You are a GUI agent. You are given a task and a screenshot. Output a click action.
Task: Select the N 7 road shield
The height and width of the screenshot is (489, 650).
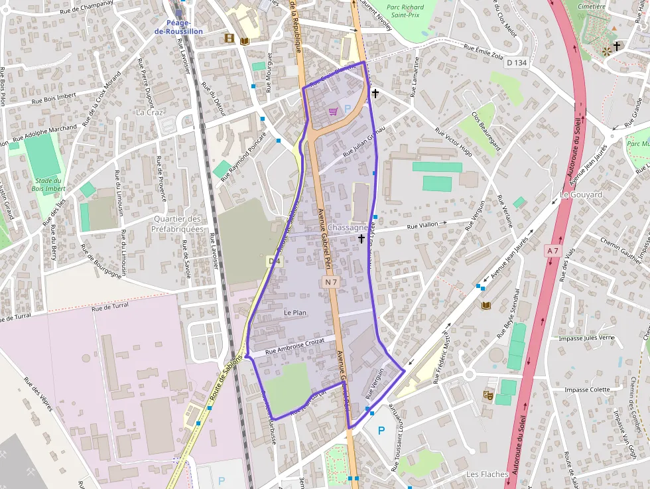[x=332, y=283]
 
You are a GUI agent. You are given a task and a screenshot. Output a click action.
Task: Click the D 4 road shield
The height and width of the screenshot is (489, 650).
[x=273, y=262]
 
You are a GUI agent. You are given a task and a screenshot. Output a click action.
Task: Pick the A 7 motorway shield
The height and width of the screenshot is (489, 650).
[x=553, y=250]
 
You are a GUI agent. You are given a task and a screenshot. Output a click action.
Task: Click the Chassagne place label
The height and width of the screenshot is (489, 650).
[x=347, y=228]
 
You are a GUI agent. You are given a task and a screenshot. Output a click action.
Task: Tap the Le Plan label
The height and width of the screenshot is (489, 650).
[x=295, y=313]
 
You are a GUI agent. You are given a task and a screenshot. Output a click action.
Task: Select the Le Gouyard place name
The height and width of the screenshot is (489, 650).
[x=581, y=195]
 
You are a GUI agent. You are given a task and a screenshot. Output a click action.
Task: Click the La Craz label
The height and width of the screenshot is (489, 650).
[x=149, y=112]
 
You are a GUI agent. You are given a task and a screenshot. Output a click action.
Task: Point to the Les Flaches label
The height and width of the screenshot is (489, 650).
[x=487, y=474]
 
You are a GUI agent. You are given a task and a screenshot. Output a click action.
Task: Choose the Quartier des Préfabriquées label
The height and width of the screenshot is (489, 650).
[x=177, y=224]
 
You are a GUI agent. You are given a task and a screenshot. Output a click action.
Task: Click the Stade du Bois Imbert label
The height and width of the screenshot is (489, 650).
[x=48, y=184]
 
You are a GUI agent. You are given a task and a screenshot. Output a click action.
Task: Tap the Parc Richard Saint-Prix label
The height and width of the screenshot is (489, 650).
[x=405, y=11]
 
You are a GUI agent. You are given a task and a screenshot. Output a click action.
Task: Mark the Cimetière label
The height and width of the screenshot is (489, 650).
[x=592, y=7]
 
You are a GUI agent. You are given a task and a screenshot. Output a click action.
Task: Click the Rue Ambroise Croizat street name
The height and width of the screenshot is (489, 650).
[x=294, y=346]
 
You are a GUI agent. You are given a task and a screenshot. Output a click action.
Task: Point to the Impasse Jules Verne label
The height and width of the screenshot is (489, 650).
[x=587, y=338]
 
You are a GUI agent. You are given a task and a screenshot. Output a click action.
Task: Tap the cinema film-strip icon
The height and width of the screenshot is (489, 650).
[x=229, y=39]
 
